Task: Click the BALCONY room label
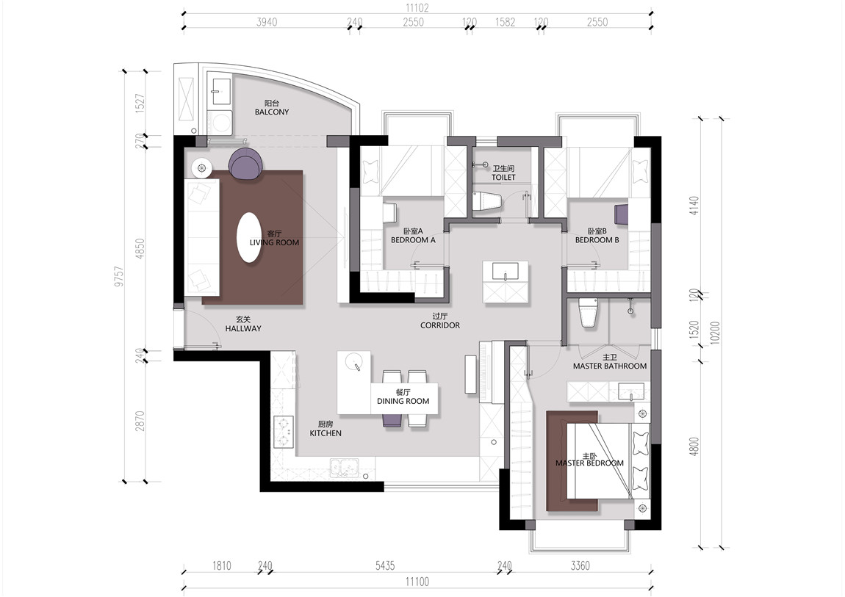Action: pyautogui.click(x=272, y=112)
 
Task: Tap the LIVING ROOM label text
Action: pyautogui.click(x=274, y=242)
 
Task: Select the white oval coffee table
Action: pyautogui.click(x=249, y=237)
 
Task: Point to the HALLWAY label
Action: pyautogui.click(x=243, y=328)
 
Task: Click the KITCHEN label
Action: pyautogui.click(x=326, y=433)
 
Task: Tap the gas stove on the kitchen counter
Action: pyautogui.click(x=284, y=432)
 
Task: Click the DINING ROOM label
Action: pyautogui.click(x=403, y=401)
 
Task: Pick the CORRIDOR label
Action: pyautogui.click(x=440, y=325)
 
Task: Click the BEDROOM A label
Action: pyautogui.click(x=414, y=240)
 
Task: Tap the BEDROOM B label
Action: pyautogui.click(x=597, y=240)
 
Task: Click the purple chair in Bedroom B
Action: pyautogui.click(x=622, y=214)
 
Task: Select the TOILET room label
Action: pyautogui.click(x=503, y=177)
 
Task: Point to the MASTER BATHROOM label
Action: pyautogui.click(x=609, y=366)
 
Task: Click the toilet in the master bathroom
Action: pyautogui.click(x=588, y=312)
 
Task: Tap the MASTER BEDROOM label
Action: pyautogui.click(x=589, y=463)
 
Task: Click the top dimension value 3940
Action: pyautogui.click(x=267, y=22)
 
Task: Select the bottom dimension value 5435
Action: pyautogui.click(x=385, y=565)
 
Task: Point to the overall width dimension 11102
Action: pyautogui.click(x=417, y=9)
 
